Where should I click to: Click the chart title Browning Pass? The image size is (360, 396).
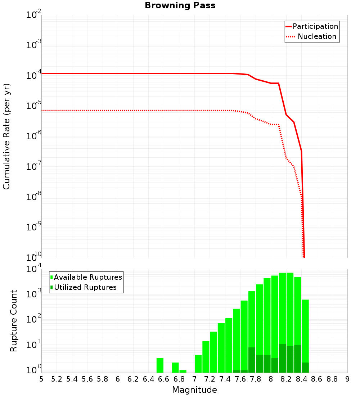[x=180, y=5]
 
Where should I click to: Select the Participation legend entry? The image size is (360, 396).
[x=315, y=26]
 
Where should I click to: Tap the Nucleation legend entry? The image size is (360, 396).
[x=317, y=36]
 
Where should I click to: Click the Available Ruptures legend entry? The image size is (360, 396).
[x=88, y=277]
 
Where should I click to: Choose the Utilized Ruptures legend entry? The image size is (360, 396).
[x=85, y=287]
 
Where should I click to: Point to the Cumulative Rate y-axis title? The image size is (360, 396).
[x=6, y=136]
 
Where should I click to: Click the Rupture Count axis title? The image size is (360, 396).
[x=14, y=321]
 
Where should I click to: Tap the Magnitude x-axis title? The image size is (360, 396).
[x=194, y=390]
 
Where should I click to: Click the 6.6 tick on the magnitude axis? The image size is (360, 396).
[x=164, y=379]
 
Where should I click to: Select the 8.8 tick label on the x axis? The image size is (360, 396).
[x=332, y=379]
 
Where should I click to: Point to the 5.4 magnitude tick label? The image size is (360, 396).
[x=72, y=379]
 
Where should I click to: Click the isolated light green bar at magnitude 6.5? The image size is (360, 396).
[x=160, y=365]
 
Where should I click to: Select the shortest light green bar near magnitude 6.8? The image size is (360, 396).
[x=183, y=371]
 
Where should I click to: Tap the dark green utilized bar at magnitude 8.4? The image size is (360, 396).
[x=305, y=368]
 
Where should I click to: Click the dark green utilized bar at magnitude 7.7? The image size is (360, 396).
[x=252, y=360]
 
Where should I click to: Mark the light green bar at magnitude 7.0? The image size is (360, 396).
[x=198, y=364]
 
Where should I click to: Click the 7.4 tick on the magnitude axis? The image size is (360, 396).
[x=225, y=379]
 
